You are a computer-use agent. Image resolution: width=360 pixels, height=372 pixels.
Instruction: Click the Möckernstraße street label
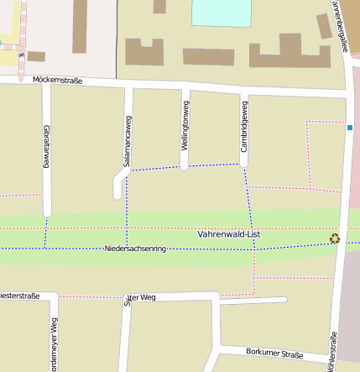coord(57,81)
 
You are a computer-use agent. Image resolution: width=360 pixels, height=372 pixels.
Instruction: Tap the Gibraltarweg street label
coord(46,146)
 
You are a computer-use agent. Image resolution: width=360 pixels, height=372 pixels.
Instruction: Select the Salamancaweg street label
coord(128,133)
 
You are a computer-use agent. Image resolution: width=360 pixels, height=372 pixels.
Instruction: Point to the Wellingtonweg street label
coord(185,126)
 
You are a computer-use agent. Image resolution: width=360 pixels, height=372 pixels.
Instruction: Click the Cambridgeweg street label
coord(244,126)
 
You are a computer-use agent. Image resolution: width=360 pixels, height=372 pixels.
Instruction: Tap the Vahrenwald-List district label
coord(229,233)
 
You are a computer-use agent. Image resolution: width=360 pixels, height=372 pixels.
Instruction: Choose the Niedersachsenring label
coord(136,249)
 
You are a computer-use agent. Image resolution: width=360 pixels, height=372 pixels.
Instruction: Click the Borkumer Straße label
coord(275,354)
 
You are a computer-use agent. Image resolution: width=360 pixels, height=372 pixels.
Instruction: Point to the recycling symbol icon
coord(335,238)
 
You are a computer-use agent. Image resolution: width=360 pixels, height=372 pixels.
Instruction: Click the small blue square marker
coord(349,128)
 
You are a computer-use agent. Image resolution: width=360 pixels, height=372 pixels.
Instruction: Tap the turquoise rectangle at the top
coord(222,13)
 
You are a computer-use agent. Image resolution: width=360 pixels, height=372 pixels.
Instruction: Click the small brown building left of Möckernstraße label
coord(36,56)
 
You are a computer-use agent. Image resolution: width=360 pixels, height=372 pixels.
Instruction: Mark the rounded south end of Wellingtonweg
coord(185,165)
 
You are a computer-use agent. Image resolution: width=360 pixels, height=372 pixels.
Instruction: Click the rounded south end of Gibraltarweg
coord(47,212)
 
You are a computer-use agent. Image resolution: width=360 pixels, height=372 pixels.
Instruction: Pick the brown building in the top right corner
coord(324,26)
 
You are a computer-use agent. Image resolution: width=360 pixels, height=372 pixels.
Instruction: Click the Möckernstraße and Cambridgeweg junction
coord(244,88)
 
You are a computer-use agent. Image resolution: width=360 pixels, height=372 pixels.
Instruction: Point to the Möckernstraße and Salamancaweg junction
coord(128,84)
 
